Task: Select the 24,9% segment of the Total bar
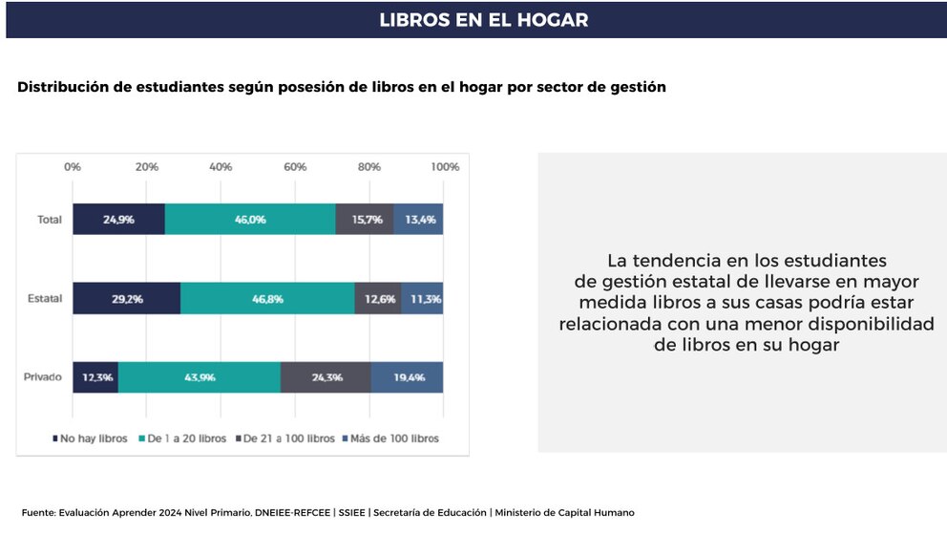click(118, 219)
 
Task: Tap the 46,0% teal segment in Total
click(250, 219)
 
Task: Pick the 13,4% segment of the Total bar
click(419, 219)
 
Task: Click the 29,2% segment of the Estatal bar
click(127, 298)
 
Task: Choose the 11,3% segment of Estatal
click(422, 298)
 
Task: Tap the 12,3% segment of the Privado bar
click(95, 377)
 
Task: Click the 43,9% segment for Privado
click(200, 377)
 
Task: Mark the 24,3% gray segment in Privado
click(326, 377)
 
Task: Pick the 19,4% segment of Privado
click(408, 377)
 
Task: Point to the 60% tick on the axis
click(295, 166)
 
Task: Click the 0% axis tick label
click(73, 166)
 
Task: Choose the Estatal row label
click(45, 299)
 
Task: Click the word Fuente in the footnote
click(37, 513)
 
